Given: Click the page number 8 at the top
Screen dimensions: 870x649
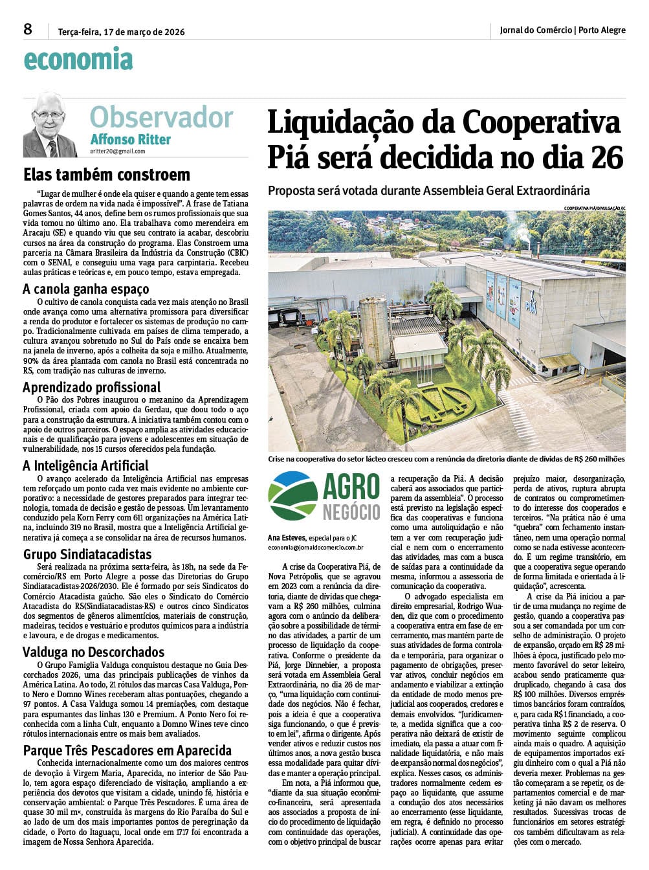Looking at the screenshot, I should coord(27,29).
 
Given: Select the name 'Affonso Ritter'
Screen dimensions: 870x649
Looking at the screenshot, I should coord(131,139).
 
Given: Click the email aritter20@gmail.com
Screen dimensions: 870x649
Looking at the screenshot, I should coord(118,151).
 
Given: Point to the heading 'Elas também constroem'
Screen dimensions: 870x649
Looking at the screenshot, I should coord(107,175).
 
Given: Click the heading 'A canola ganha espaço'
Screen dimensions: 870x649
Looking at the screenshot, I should coord(86,289).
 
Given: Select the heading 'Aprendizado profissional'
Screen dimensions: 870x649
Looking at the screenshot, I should coord(92,387).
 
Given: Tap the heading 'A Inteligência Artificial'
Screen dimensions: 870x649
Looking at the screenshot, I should coord(85,465).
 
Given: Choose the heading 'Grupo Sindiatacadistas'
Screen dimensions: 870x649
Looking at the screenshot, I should coord(87,554).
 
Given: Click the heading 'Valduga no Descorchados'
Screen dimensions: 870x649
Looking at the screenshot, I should coord(94,652).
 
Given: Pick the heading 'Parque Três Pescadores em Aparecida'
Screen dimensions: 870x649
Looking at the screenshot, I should coord(127,750).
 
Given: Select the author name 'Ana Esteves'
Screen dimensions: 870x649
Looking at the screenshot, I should coord(287,538).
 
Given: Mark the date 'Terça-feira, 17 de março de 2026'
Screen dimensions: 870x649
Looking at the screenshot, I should coord(122,31).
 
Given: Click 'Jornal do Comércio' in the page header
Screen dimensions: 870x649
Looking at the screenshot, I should coord(536,30).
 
